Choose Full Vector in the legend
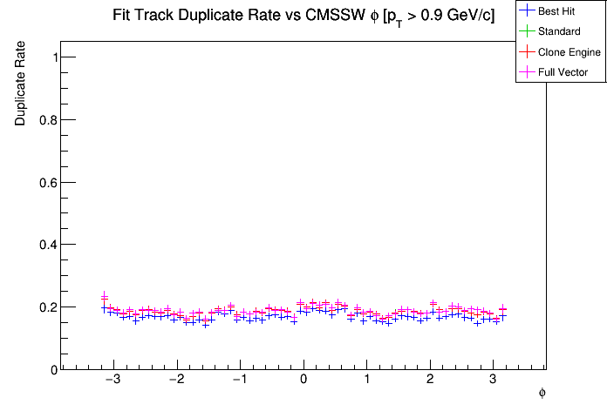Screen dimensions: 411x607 [563, 72]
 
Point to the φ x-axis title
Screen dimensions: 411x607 [542, 394]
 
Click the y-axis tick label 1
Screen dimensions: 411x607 [54, 57]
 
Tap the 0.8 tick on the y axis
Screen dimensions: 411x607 [49, 120]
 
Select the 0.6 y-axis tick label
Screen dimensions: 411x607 [49, 182]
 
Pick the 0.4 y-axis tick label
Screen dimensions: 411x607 [49, 245]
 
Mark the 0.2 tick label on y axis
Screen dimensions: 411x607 [49, 307]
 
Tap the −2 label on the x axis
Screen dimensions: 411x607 [175, 381]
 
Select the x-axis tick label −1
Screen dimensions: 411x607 [239, 381]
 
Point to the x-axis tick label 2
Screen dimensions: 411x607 [430, 381]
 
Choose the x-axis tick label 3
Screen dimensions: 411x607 [493, 381]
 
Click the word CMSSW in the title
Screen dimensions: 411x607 [332, 16]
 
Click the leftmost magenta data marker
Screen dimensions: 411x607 [104, 296]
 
